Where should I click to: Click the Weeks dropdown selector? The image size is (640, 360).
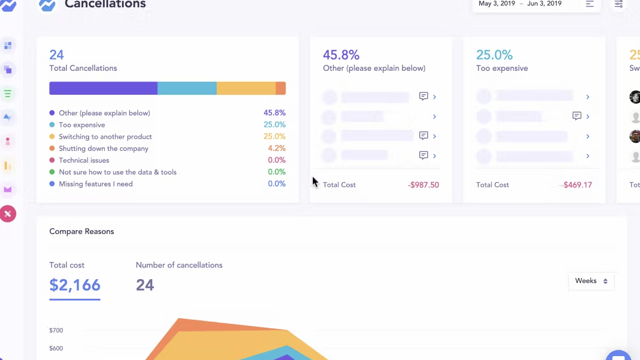pyautogui.click(x=591, y=281)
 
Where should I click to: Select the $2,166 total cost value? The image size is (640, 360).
pyautogui.click(x=75, y=285)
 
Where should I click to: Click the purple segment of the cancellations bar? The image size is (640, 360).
pyautogui.click(x=103, y=88)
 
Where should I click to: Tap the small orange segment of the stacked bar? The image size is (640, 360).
pyautogui.click(x=281, y=88)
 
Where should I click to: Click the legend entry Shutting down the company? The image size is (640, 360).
pyautogui.click(x=104, y=149)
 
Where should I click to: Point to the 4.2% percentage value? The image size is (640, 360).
pyautogui.click(x=277, y=148)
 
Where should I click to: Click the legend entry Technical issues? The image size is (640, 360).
pyautogui.click(x=84, y=160)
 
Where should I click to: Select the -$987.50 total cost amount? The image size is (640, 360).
pyautogui.click(x=423, y=185)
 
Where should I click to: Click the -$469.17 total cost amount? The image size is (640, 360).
pyautogui.click(x=577, y=185)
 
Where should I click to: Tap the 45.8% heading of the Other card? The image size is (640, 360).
pyautogui.click(x=341, y=55)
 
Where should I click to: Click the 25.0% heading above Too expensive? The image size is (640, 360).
pyautogui.click(x=494, y=55)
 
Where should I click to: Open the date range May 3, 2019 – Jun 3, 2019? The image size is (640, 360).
pyautogui.click(x=520, y=4)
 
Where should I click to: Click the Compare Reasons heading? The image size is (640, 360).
pyautogui.click(x=81, y=232)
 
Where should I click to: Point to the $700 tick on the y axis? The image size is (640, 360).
pyautogui.click(x=56, y=330)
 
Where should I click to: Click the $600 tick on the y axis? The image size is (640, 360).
pyautogui.click(x=56, y=348)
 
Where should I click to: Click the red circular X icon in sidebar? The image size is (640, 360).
pyautogui.click(x=8, y=213)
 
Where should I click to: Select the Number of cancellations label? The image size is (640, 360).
pyautogui.click(x=179, y=265)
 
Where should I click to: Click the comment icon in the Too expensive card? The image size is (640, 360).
pyautogui.click(x=576, y=116)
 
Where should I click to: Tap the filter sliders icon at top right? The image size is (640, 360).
pyautogui.click(x=618, y=4)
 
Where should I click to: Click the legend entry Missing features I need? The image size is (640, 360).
pyautogui.click(x=95, y=184)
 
